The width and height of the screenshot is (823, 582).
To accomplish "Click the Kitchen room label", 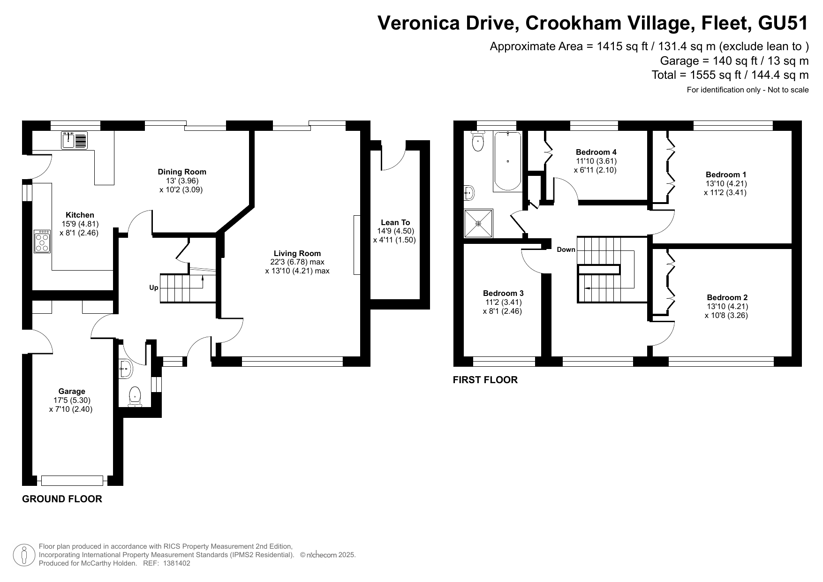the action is coord(80,215).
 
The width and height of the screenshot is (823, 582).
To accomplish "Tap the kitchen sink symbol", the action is coord(74,140).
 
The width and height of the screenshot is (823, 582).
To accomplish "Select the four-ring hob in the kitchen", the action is coord(42,242).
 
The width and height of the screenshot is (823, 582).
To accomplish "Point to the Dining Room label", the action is coord(182,172).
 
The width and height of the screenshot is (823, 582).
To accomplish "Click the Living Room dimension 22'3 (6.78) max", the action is coord(297,262).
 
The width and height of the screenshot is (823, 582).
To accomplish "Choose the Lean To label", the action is coord(395,223).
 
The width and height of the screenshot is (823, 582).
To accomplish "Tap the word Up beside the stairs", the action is coord(154,288).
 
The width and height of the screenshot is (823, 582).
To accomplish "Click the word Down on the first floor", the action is coord(566,249).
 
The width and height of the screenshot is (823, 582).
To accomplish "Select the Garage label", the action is coord(72,392).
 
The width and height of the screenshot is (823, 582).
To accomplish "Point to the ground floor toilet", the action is coord(135,397).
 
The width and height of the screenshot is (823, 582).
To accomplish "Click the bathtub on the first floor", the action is coord(507,161).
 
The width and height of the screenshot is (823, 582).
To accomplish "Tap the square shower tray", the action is coord(479,224).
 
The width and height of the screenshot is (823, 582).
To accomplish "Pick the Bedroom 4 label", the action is coord(596,152).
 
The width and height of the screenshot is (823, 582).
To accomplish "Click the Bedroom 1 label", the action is coord(726,175).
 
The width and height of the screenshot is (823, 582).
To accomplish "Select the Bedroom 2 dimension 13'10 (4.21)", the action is coord(727,307).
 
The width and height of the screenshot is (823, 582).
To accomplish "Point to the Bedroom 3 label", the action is coord(503,294).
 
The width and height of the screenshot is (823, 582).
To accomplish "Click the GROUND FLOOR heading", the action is coord(62,499).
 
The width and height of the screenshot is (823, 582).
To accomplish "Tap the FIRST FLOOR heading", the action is coord(485,380).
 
